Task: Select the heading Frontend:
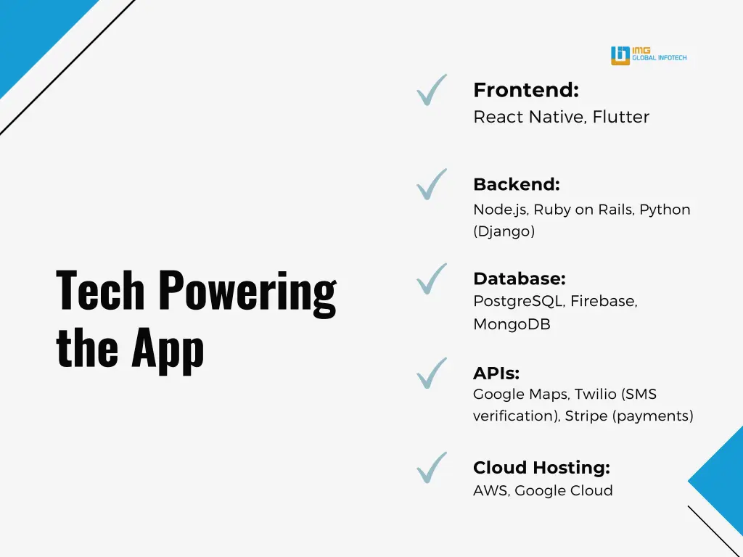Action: coord(525,91)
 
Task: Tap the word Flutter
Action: coord(620,117)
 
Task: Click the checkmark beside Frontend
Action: coord(431,91)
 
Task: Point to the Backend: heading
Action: coord(516,184)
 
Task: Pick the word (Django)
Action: coord(504,232)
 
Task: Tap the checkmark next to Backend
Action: coord(431,184)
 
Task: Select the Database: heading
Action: coord(519,278)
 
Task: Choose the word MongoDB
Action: coord(512,324)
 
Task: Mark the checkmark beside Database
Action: coord(431,279)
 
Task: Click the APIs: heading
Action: coord(496,374)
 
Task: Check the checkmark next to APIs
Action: coord(431,374)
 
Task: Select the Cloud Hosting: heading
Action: coord(541,468)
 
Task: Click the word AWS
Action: coord(490,491)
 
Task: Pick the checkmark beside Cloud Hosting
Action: coord(431,468)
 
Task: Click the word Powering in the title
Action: coord(247,290)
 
